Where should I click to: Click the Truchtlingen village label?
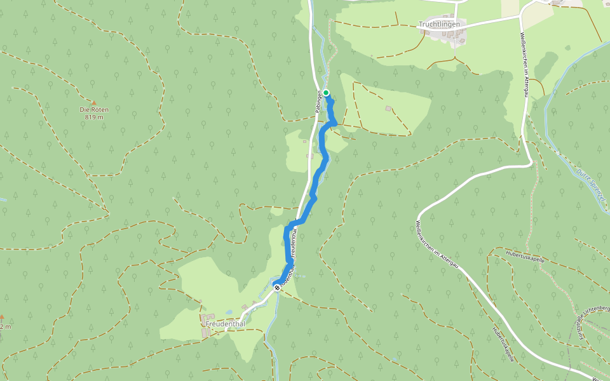pyautogui.click(x=438, y=24)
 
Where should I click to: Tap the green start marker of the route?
pyautogui.click(x=326, y=93)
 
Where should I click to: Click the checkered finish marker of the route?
pyautogui.click(x=278, y=287)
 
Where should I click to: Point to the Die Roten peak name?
pyautogui.click(x=94, y=110)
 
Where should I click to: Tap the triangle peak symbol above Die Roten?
pyautogui.click(x=94, y=102)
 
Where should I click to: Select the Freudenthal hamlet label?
pyautogui.click(x=225, y=324)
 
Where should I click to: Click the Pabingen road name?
pyautogui.click(x=318, y=102)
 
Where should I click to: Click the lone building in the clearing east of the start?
pyautogui.click(x=388, y=109)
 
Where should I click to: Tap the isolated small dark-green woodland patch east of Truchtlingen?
pyautogui.click(x=547, y=63)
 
